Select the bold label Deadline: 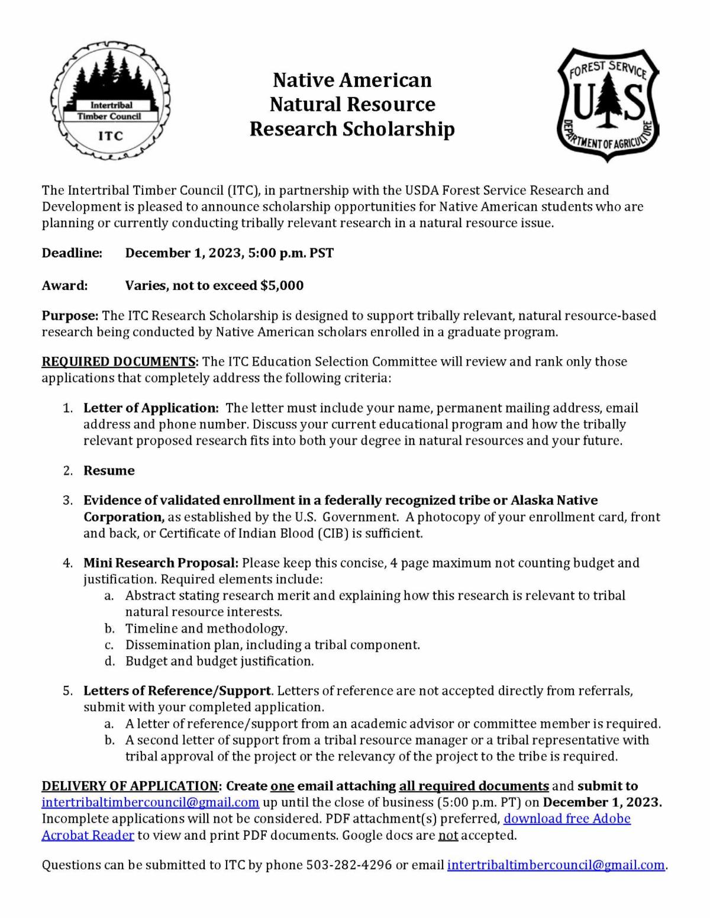72,253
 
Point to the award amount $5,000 282,286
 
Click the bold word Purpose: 70,315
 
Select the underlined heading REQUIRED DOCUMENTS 118,362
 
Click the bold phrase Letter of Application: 151,408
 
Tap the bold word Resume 109,470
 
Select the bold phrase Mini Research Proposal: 160,563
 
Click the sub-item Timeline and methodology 206,628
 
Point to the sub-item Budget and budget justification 219,661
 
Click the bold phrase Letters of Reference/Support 177,691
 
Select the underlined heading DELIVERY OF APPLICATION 130,786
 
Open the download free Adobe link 567,818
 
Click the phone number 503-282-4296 348,865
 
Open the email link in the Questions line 556,865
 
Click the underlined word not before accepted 448,835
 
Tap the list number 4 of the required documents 68,563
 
